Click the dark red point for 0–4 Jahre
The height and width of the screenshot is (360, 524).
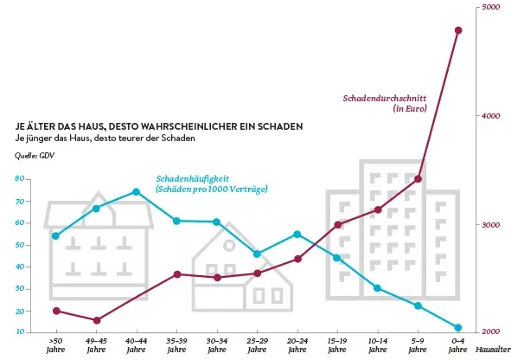458,30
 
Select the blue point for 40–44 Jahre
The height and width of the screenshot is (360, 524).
137,192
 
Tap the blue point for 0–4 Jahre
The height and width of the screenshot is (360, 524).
458,328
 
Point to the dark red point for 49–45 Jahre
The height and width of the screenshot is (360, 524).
97,321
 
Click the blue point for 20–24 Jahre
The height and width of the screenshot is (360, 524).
297,235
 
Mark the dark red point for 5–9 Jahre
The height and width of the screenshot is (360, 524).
418,179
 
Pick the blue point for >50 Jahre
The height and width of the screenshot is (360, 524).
56,235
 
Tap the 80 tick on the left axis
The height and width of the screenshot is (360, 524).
19,179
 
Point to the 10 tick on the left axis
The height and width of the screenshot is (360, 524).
19,332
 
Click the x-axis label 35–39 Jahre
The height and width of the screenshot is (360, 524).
176,346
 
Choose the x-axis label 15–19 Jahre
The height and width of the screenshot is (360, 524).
337,346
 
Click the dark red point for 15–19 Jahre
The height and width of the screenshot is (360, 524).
338,225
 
